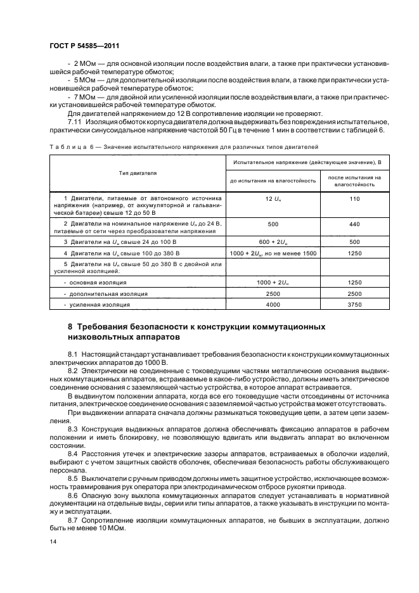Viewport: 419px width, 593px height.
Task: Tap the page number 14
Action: pos(53,541)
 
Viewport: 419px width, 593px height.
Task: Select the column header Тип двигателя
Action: pos(137,172)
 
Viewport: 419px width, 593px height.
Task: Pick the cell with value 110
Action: pos(355,199)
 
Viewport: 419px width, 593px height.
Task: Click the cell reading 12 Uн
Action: pos(273,199)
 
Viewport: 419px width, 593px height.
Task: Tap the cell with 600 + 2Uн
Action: pos(273,241)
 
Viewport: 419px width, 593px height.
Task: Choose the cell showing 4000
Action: pos(273,305)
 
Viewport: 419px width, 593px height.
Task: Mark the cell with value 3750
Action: pos(355,305)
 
